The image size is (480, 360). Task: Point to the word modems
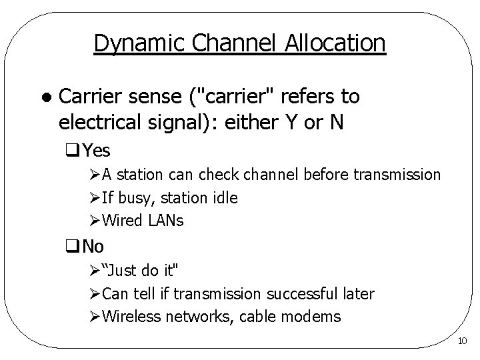[x=313, y=316]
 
